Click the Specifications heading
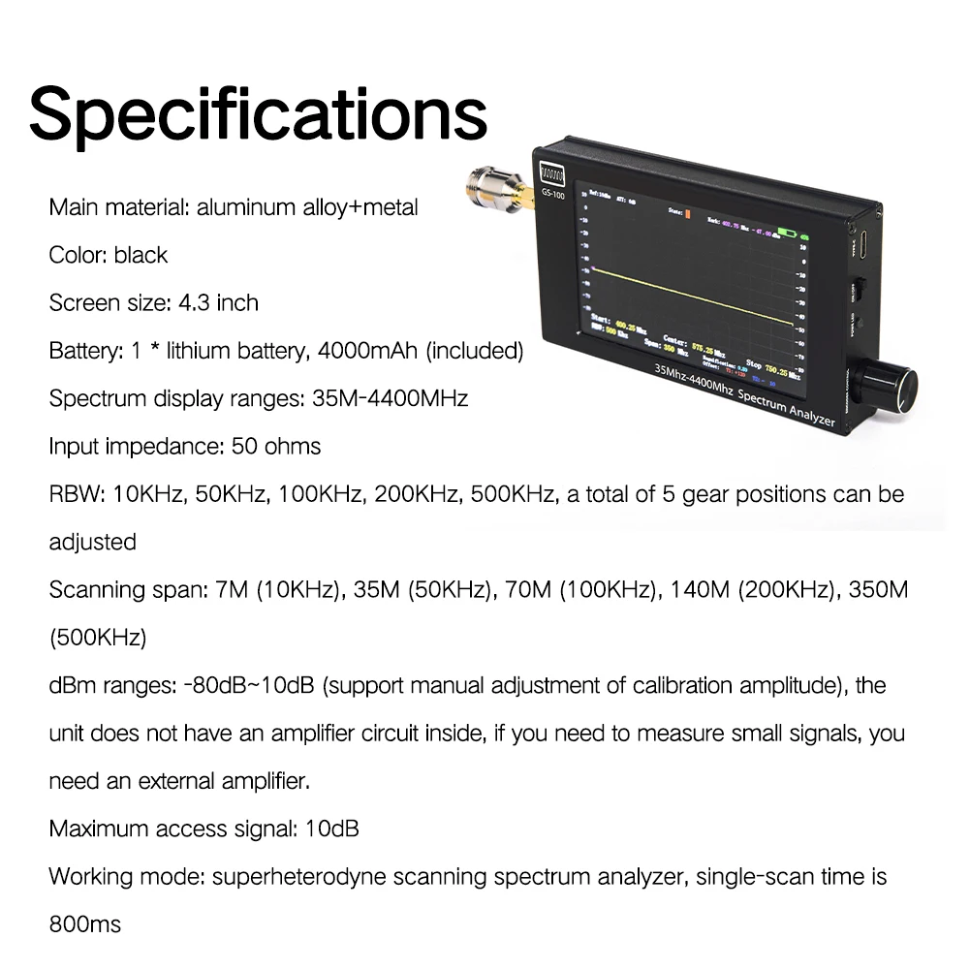point(258,114)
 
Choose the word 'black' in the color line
point(141,255)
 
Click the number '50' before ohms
point(244,446)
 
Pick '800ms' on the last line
point(85,923)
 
